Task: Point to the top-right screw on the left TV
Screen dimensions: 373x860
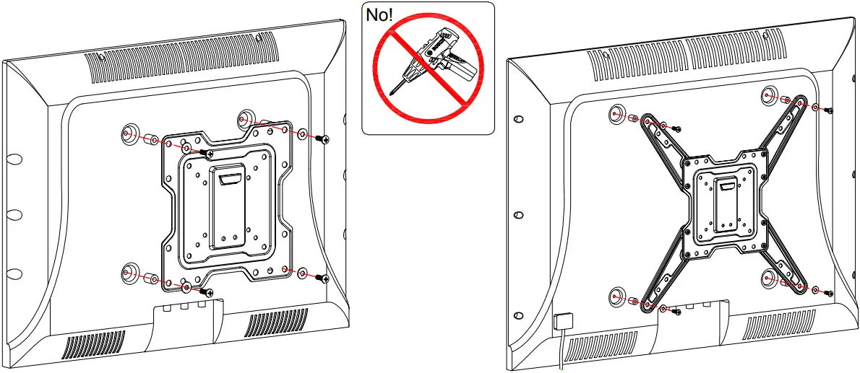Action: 326,139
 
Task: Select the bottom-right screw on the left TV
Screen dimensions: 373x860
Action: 326,278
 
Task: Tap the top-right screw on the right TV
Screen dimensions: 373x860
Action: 830,110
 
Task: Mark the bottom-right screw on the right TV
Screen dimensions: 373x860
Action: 830,294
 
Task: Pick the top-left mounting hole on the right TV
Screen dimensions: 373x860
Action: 616,113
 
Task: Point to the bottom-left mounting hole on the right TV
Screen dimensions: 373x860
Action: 616,296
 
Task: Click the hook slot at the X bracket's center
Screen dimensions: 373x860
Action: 726,188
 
